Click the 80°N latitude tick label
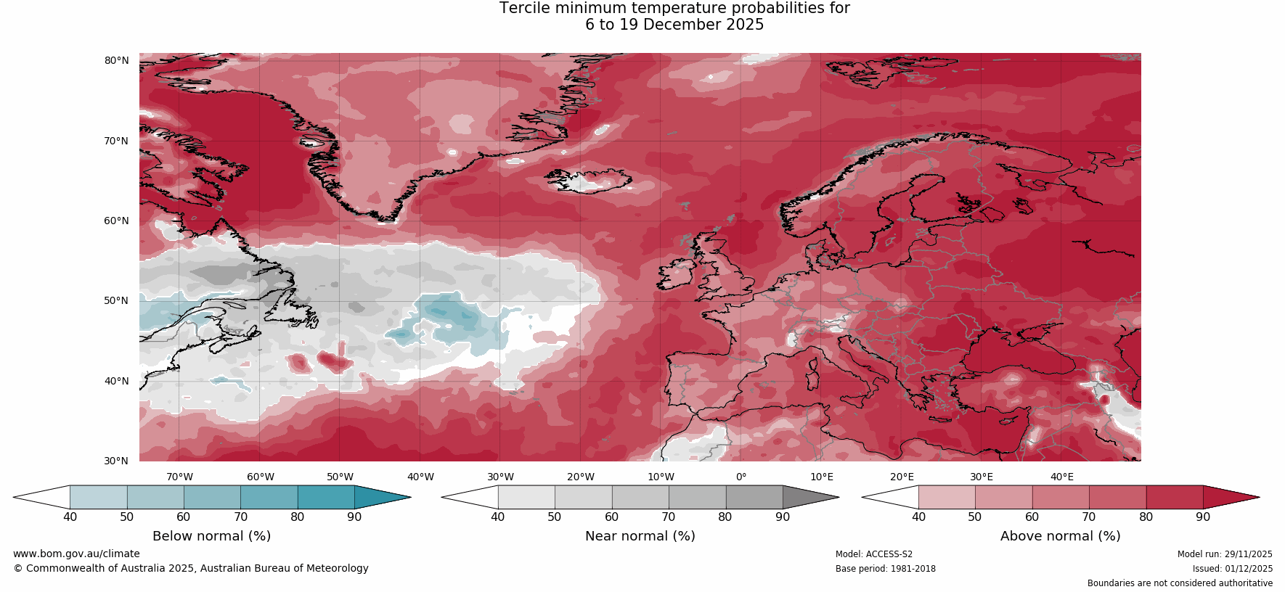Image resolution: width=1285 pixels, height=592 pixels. point(116,60)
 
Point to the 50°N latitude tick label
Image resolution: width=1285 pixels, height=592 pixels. point(116,300)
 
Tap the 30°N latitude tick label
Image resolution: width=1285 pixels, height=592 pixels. point(116,461)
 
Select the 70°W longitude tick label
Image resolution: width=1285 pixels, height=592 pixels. point(180,477)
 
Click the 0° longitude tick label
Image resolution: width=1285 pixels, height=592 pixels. point(741,477)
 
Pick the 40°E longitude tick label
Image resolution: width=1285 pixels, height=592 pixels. point(1062,477)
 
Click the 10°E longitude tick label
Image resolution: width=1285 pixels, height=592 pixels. point(822,477)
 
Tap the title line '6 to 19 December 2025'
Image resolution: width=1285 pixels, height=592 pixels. point(674,25)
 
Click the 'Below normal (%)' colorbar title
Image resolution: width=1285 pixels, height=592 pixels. point(211,536)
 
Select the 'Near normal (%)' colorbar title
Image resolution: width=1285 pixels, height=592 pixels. point(640,536)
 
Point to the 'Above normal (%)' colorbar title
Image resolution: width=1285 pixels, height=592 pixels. point(1060,536)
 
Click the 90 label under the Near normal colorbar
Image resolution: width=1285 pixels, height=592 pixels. point(783,517)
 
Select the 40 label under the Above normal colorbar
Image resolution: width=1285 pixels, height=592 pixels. point(918,517)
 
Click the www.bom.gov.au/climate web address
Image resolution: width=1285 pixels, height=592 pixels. point(76,554)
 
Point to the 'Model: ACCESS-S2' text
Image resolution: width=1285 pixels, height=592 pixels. point(874,554)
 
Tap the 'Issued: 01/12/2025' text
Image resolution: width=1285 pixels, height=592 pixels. point(1232,569)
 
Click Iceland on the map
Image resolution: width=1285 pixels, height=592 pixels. point(590,180)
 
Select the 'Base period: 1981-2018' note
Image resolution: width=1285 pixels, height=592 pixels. point(885,569)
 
